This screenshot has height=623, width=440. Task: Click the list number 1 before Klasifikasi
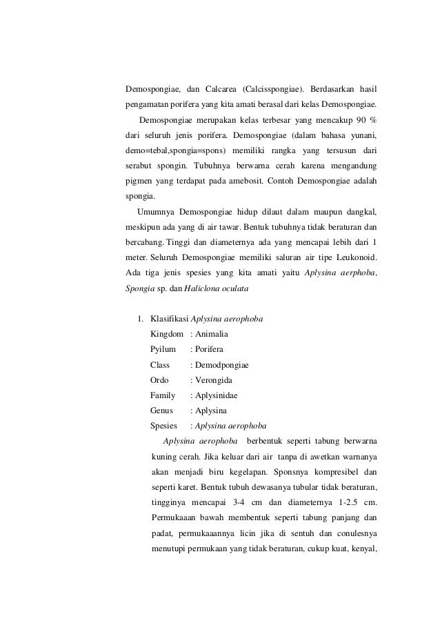(140, 319)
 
